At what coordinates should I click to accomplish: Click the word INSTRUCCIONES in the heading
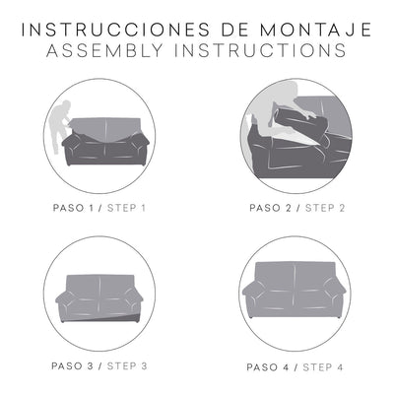point(115,30)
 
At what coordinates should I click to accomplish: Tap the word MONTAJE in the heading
point(315,30)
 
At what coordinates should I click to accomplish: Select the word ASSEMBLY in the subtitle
point(105,50)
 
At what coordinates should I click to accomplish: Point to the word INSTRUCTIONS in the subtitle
point(260,50)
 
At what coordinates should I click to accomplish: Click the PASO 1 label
point(74,208)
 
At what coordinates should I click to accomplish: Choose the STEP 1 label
point(126,208)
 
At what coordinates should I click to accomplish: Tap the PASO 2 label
point(270,208)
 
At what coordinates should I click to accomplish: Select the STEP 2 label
point(325,208)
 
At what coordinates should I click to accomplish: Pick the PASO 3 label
point(73,366)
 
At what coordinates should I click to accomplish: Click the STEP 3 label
point(127,366)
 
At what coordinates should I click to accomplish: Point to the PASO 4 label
point(268,367)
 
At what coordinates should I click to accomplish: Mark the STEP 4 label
point(323,367)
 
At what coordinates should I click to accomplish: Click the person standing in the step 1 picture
point(59,126)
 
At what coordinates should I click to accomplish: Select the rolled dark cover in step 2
point(302,126)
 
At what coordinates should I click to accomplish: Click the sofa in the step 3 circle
point(99,298)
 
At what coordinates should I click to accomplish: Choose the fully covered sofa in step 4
point(295,290)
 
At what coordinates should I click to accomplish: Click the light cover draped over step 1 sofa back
point(105,129)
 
